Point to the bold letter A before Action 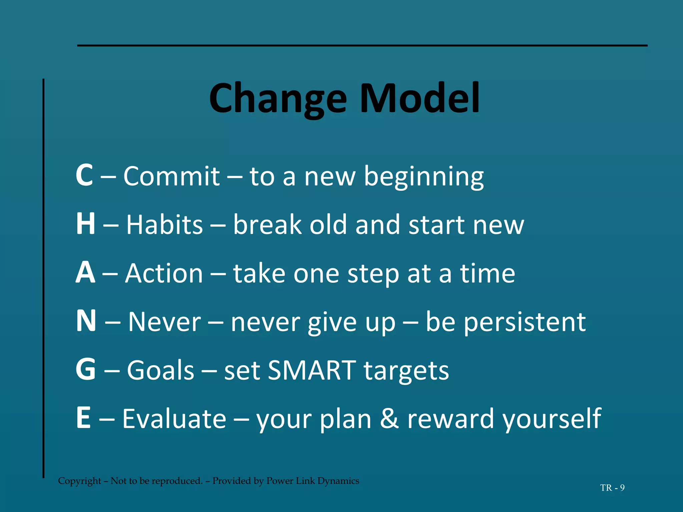[85, 273]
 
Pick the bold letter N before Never [86, 321]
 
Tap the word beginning [424, 177]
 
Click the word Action [164, 273]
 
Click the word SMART [312, 370]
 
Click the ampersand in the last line [389, 419]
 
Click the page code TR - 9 [612, 488]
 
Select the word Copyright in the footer [79, 481]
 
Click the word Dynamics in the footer [338, 481]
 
